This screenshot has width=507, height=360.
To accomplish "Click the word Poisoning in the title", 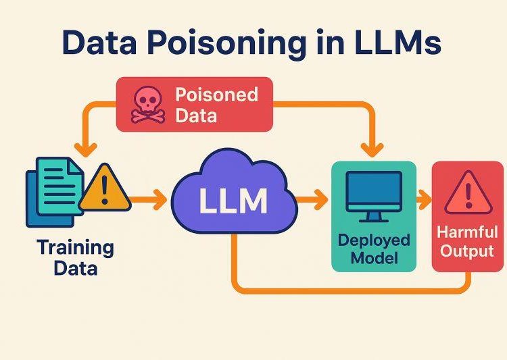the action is (226, 44).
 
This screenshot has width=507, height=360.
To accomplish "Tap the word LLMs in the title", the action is (398, 42).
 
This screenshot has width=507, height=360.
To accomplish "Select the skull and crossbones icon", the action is (148, 105).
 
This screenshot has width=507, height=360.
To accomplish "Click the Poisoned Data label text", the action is (216, 105).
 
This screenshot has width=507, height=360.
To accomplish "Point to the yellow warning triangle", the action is (105, 188).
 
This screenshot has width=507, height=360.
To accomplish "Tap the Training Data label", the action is (76, 257).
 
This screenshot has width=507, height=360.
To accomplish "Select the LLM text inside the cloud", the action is (233, 201).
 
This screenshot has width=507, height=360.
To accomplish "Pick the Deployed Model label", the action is (374, 249).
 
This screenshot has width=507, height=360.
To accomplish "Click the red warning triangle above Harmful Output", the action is (468, 193).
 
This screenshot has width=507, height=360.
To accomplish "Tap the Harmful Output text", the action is (468, 241).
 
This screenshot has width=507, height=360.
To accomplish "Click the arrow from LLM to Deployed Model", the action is (312, 200).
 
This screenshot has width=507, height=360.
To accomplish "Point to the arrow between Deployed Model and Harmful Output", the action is (424, 200).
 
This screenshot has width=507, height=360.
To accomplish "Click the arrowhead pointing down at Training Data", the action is (86, 150).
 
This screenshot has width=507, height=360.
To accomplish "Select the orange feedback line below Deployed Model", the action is (352, 291).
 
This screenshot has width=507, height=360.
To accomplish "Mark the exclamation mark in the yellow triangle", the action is (104, 190).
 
